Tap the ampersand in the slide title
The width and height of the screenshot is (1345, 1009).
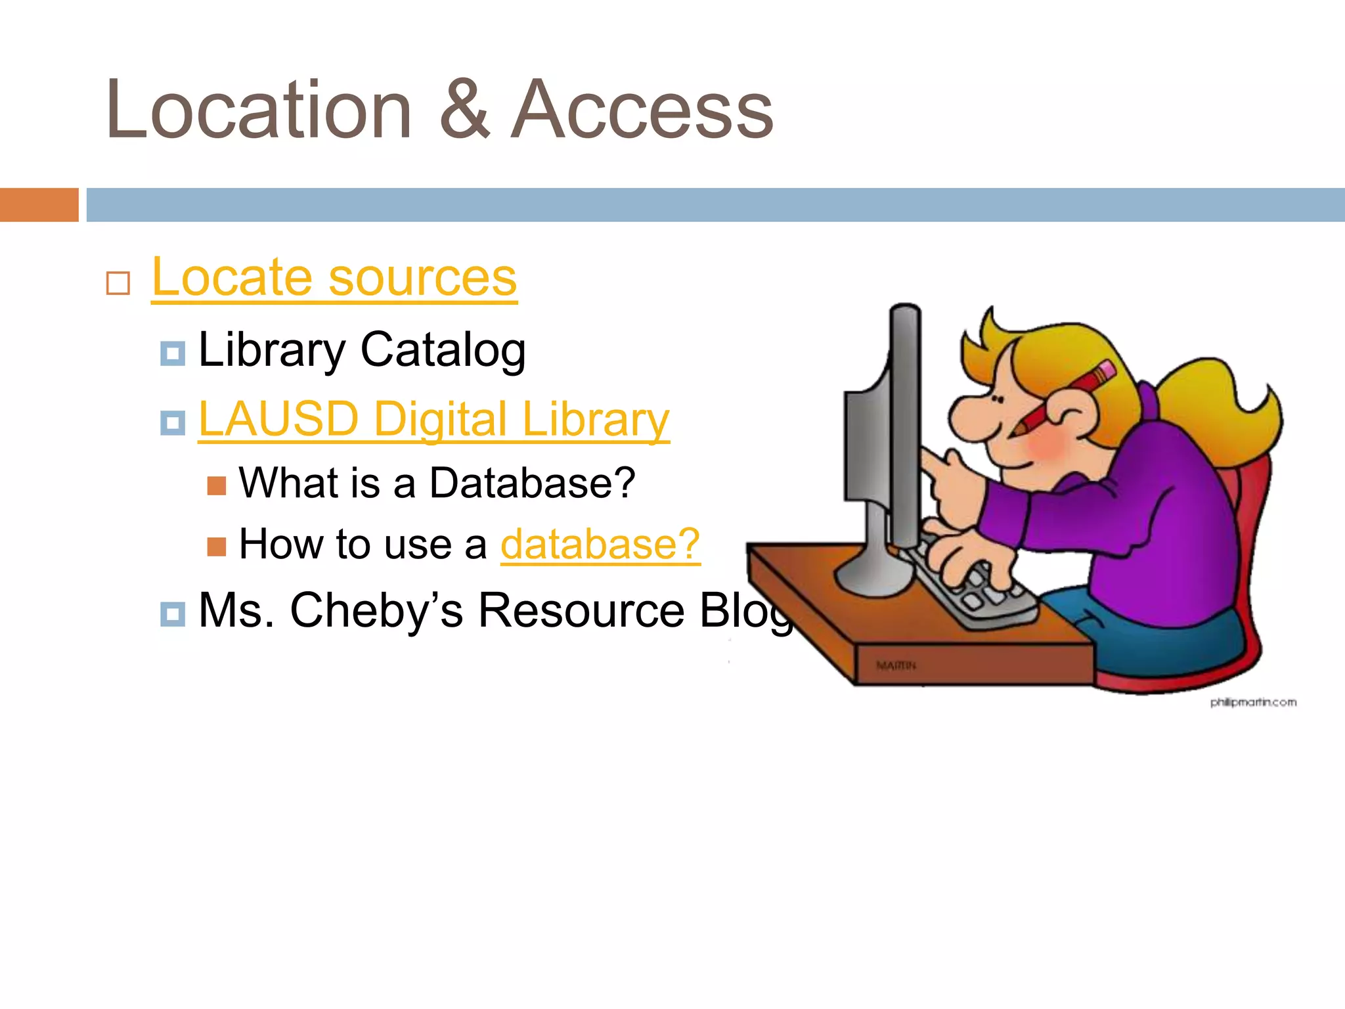pyautogui.click(x=464, y=110)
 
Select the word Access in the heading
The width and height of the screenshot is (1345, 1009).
pyautogui.click(x=642, y=110)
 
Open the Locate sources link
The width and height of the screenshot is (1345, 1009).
pyautogui.click(x=334, y=278)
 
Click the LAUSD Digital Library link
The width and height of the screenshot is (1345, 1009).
pyautogui.click(x=433, y=419)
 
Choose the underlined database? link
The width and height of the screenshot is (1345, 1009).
pyautogui.click(x=600, y=545)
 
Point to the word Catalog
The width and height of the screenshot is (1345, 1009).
pyautogui.click(x=443, y=350)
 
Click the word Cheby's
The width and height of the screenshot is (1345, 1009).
pyautogui.click(x=376, y=610)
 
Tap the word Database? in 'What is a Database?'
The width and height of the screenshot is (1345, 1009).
pyautogui.click(x=532, y=483)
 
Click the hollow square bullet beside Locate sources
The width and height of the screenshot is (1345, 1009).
pyautogui.click(x=118, y=284)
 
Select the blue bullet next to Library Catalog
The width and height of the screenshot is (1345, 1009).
pyautogui.click(x=173, y=353)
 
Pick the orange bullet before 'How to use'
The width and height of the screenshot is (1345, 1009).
pyautogui.click(x=216, y=547)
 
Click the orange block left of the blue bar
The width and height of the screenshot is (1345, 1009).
pyautogui.click(x=39, y=205)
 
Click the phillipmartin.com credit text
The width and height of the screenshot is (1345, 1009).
pyautogui.click(x=1253, y=702)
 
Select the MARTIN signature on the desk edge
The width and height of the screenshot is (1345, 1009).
pyautogui.click(x=896, y=666)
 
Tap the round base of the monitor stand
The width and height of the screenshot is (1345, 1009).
pyautogui.click(x=873, y=578)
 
